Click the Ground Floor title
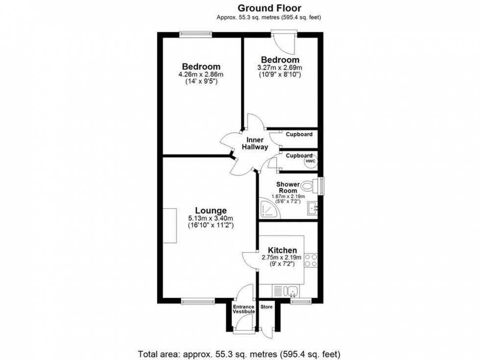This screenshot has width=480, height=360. coord(269,8)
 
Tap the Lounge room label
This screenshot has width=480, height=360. coord(211,211)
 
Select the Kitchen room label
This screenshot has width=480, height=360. coord(282,250)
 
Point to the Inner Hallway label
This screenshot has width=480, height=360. coord(255,143)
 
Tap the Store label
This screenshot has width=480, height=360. coord(266,307)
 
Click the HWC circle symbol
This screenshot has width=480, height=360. coord(311,161)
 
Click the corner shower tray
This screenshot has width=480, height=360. coord(268,209)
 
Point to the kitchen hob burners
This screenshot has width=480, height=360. coord(311,260)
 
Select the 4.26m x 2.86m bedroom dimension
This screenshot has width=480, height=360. coord(201,75)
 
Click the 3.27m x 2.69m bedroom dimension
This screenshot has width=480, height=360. coord(280,68)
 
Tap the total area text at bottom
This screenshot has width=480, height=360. coord(240,354)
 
